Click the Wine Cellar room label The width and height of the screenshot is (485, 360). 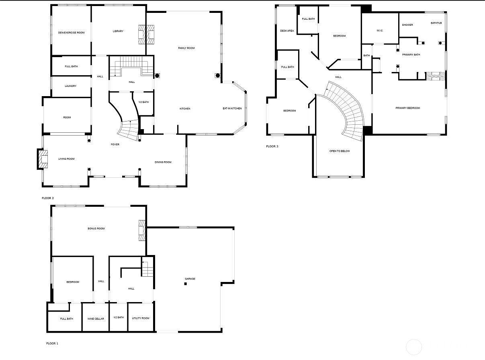pyautogui.click(x=96, y=319)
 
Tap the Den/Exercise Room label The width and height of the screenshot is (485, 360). pyautogui.click(x=71, y=33)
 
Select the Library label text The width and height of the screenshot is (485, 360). pyautogui.click(x=118, y=31)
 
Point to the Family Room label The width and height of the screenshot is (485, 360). pyautogui.click(x=186, y=48)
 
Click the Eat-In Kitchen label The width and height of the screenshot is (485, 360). pyautogui.click(x=232, y=109)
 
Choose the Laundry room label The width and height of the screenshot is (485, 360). pyautogui.click(x=71, y=86)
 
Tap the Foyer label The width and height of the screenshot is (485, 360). pyautogui.click(x=115, y=144)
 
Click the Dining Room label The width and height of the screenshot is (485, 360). pyautogui.click(x=163, y=162)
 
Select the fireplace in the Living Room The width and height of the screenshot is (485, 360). pyautogui.click(x=43, y=159)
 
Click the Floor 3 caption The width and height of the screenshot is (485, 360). pyautogui.click(x=272, y=146)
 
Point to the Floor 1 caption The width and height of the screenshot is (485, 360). pyautogui.click(x=52, y=344)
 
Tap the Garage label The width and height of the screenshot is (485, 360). pyautogui.click(x=190, y=279)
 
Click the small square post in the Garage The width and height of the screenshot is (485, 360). pyautogui.click(x=185, y=284)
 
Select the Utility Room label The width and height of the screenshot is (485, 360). pyautogui.click(x=141, y=318)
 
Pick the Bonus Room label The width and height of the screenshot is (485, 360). pyautogui.click(x=96, y=228)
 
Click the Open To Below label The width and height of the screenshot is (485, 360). pyautogui.click(x=340, y=151)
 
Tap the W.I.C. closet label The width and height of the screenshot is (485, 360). pyautogui.click(x=380, y=31)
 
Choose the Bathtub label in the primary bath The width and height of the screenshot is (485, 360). pyautogui.click(x=436, y=23)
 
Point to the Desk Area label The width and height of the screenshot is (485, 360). pyautogui.click(x=287, y=31)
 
